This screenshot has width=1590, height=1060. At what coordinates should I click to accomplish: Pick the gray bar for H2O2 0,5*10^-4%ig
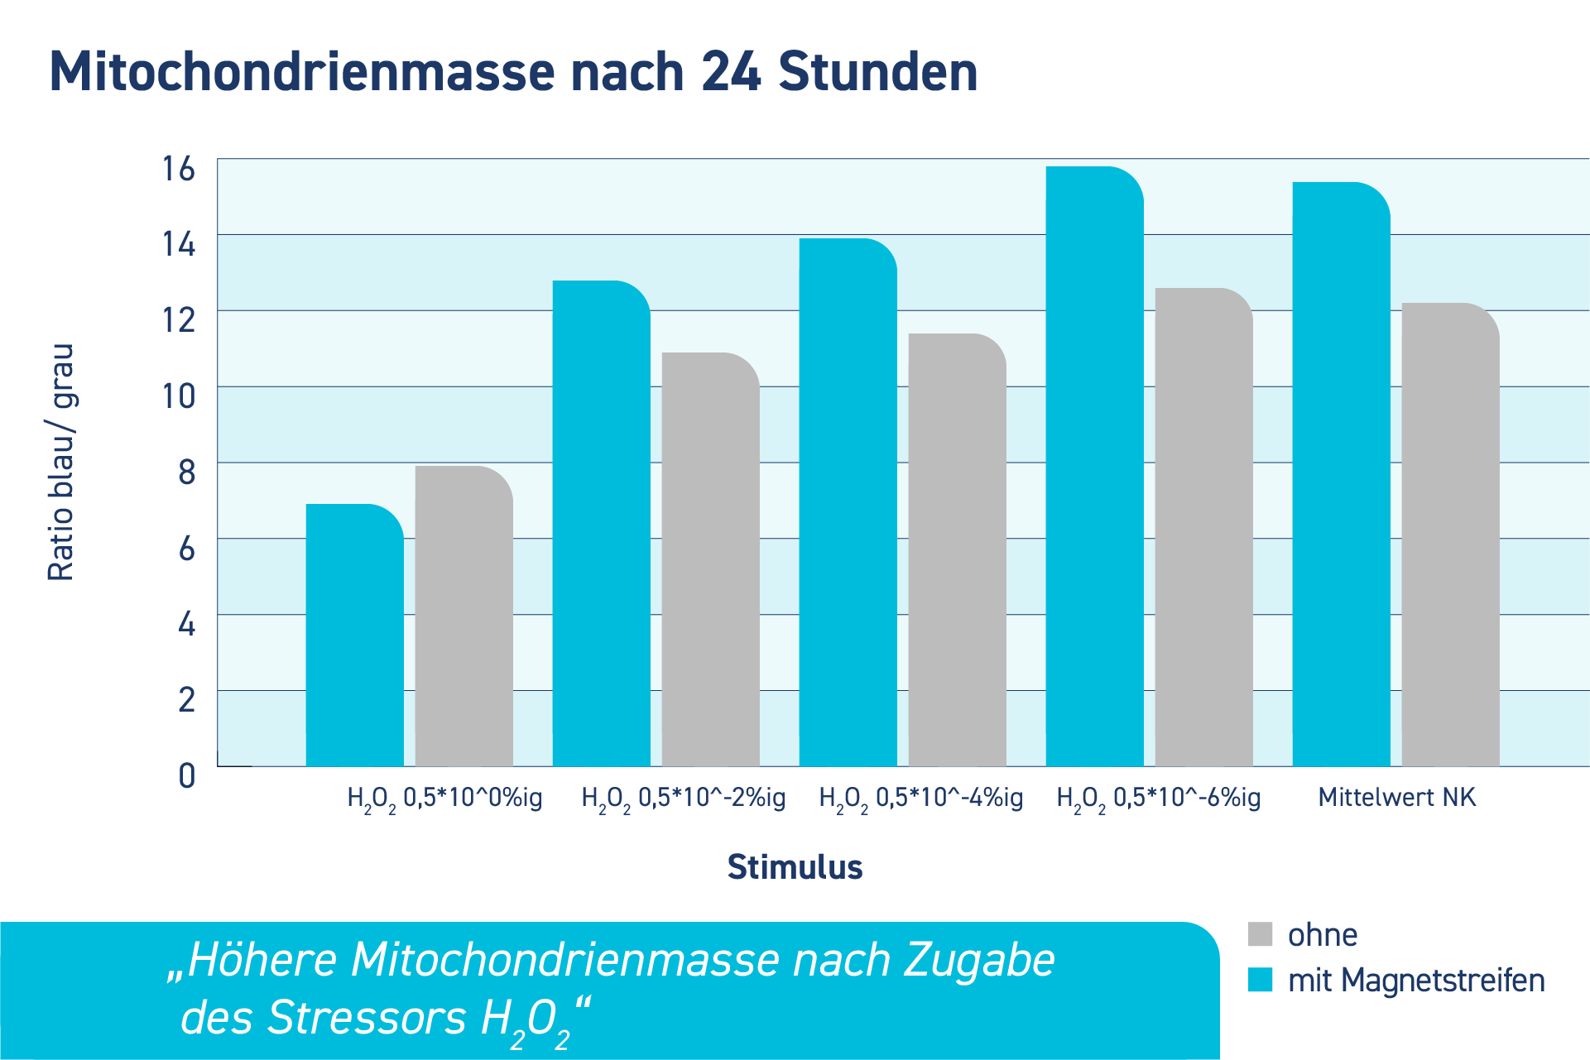pos(957,550)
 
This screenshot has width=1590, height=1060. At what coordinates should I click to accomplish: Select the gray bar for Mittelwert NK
pos(1450,535)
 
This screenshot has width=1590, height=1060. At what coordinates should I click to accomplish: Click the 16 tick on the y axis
pos(179,169)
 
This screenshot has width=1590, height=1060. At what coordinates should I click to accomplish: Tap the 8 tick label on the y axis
pos(187,472)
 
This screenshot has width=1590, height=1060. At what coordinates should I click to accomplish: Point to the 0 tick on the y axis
pos(187,776)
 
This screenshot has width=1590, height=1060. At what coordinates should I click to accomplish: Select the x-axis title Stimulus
pos(795,867)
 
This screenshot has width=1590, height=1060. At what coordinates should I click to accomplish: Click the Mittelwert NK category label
pos(1397,798)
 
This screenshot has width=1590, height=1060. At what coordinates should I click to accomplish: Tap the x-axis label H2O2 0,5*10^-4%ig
pos(920,799)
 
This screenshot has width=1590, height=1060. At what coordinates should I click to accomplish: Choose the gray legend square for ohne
pos(1260,934)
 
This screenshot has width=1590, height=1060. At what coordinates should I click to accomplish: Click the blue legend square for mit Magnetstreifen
pos(1260,980)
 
